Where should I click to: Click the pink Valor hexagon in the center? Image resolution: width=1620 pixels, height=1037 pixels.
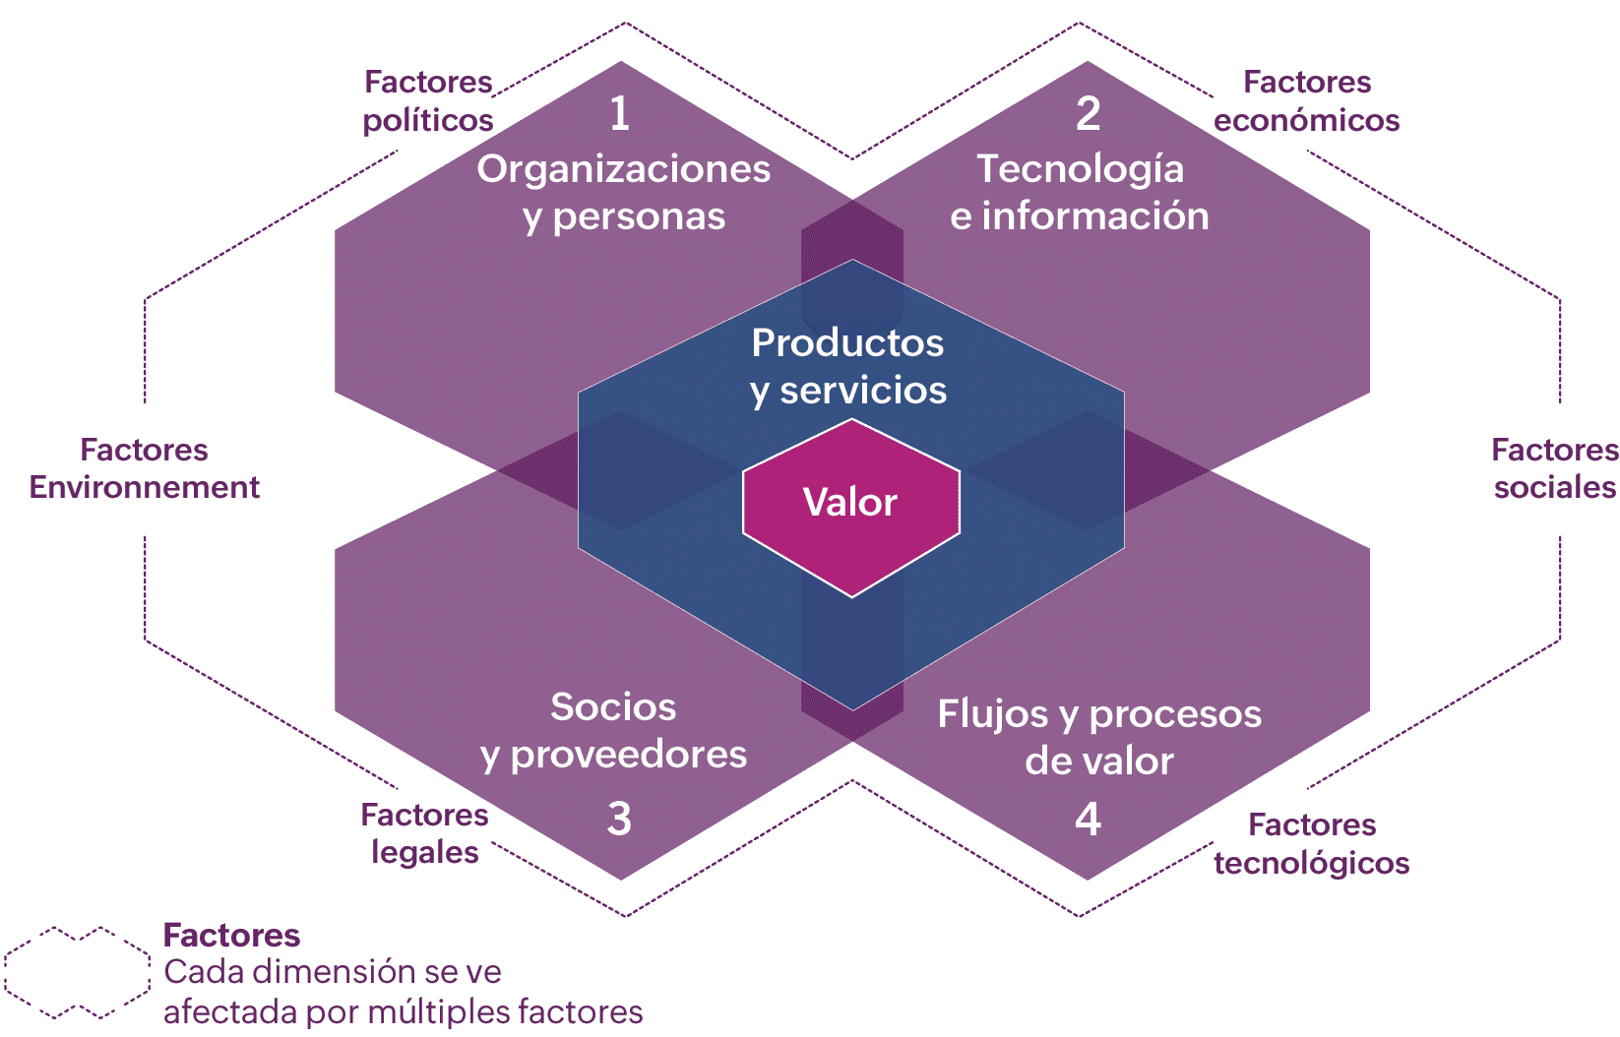tap(850, 507)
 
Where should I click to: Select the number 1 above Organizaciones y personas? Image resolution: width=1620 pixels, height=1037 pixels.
tap(619, 113)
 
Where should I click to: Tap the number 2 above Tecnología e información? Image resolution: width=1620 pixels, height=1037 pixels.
tap(1088, 113)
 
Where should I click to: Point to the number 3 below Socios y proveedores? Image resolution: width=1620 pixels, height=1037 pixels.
tap(619, 819)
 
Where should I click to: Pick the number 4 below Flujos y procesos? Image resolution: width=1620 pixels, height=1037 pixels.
tap(1088, 819)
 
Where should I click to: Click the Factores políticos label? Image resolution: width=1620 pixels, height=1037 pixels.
tap(428, 100)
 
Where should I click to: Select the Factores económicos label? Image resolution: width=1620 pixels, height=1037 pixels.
tap(1306, 100)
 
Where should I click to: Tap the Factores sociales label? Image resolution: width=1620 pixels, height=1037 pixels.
tap(1554, 468)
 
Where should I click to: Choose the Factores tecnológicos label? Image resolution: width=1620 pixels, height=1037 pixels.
tap(1311, 843)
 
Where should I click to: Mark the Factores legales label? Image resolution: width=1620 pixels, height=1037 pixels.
tap(424, 833)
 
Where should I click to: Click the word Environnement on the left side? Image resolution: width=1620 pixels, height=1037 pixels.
tap(144, 487)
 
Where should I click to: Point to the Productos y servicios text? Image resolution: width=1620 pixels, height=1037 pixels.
tap(847, 366)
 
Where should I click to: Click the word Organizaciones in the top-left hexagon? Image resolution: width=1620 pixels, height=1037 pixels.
tap(624, 169)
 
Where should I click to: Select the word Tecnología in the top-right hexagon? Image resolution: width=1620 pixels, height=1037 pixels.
tap(1080, 169)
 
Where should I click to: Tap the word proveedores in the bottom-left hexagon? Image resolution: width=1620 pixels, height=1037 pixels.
tap(629, 755)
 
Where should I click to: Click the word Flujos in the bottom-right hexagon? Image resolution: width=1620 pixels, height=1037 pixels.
tap(992, 714)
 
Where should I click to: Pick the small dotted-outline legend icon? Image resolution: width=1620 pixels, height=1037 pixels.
tap(77, 972)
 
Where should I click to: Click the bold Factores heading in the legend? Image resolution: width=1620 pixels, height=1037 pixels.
tap(231, 935)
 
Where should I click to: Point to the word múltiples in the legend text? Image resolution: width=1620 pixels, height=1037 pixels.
tap(448, 1011)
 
